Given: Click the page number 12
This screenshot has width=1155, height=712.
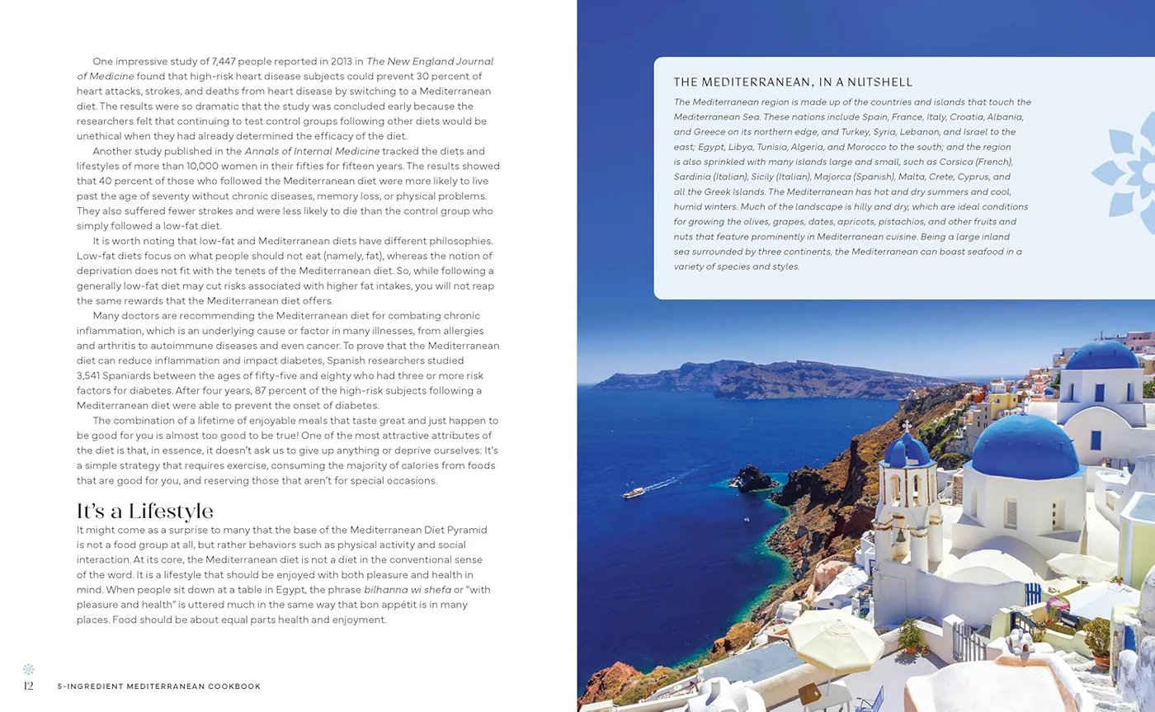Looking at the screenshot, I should click(28, 686).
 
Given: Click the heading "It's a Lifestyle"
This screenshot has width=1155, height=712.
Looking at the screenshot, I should click(145, 511).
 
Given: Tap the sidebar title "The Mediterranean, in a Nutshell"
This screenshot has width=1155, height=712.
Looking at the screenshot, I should click(793, 82).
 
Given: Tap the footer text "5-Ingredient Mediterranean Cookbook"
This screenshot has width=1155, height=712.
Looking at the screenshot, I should click(159, 686).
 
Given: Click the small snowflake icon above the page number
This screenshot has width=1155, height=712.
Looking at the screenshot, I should click(28, 669).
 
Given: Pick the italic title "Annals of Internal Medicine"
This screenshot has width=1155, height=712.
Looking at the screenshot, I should click(312, 151).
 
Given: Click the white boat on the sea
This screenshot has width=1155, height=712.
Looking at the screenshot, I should click(634, 493).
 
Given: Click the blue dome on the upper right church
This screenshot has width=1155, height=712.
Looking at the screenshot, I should click(1101, 356).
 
